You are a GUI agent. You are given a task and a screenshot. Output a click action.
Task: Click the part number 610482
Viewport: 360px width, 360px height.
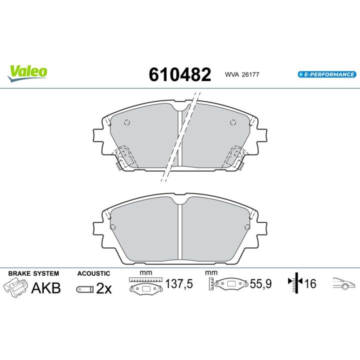coord(179,74)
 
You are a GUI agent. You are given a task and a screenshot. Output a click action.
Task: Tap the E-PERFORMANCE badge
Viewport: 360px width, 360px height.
coord(326,74)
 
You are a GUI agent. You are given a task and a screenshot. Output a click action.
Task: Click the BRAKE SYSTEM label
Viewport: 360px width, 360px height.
coord(33,273)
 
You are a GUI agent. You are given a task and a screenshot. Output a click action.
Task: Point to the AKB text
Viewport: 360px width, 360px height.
coord(46,288)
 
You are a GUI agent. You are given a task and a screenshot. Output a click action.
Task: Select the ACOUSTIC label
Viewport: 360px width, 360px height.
coord(93,273)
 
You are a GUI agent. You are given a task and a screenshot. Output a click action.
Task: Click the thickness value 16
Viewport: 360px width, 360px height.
coord(310,284)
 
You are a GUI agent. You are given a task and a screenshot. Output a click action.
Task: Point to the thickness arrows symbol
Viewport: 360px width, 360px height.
coord(296,284)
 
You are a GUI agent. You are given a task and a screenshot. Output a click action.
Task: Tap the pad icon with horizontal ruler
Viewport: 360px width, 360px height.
coord(145,286)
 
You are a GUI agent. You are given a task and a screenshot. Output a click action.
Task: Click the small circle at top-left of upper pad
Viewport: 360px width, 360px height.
coord(126,122)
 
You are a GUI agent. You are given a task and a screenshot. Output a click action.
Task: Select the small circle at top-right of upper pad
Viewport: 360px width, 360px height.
coord(232,122)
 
